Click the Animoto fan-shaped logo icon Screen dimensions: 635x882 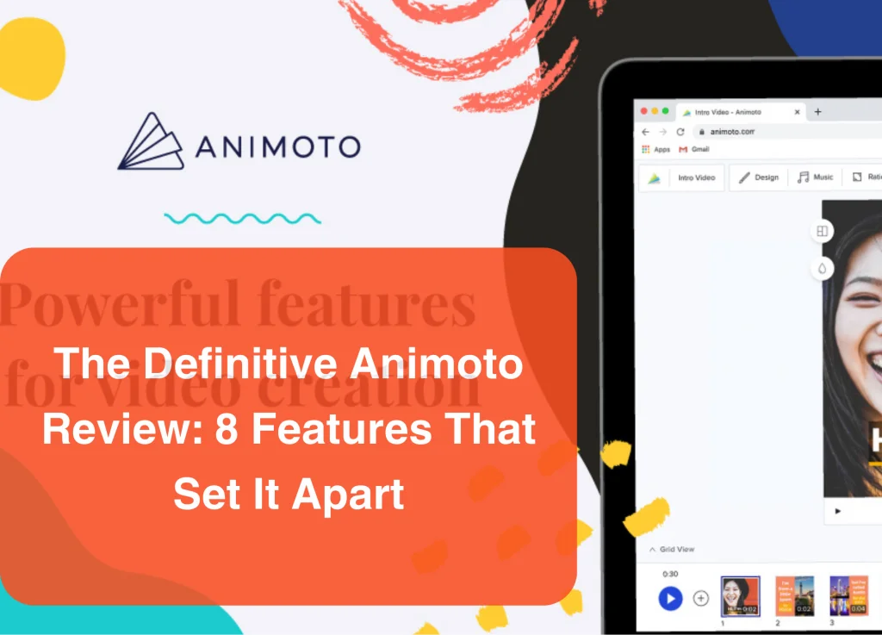pyautogui.click(x=151, y=141)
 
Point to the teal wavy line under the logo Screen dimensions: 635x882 pyautogui.click(x=242, y=218)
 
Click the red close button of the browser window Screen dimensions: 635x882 pyautogui.click(x=643, y=111)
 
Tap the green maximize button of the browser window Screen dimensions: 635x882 pyautogui.click(x=666, y=111)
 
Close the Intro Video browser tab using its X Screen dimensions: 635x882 pyautogui.click(x=797, y=112)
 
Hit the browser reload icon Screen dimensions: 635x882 pyautogui.click(x=680, y=132)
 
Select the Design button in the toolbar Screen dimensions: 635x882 pyautogui.click(x=759, y=177)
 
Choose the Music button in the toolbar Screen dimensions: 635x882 pyautogui.click(x=815, y=177)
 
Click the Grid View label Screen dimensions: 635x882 pyautogui.click(x=677, y=550)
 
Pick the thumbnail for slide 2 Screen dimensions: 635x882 pyautogui.click(x=794, y=595)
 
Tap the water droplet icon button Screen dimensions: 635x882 pyautogui.click(x=823, y=269)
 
